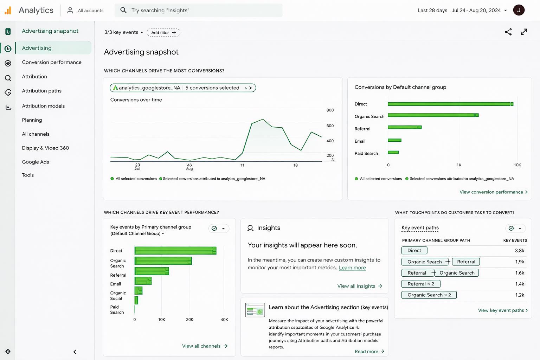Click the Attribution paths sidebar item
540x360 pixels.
(41, 91)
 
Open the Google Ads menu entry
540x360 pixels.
(35, 162)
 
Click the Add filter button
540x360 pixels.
(163, 32)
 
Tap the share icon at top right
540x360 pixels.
(508, 32)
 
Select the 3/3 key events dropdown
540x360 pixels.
(123, 32)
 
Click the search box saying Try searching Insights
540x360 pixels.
(199, 10)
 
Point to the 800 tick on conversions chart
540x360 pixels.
(330, 110)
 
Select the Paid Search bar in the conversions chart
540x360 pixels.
(393, 152)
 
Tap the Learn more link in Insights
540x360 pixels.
(352, 268)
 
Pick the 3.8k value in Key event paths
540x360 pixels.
(519, 251)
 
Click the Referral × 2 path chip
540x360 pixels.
(420, 284)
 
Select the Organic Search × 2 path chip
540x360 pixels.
(429, 295)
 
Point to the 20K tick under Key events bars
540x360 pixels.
(189, 320)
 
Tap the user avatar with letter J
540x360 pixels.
(519, 10)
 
